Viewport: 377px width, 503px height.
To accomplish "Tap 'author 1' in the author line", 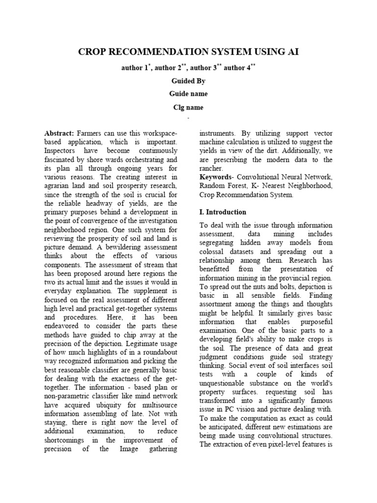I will (134, 68).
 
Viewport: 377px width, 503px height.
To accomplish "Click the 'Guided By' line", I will (188, 81).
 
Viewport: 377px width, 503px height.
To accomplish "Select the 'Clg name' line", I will (188, 107).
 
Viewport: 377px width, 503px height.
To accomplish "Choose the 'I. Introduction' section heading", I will (222, 212).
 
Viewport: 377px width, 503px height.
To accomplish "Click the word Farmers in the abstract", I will (88, 134).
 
